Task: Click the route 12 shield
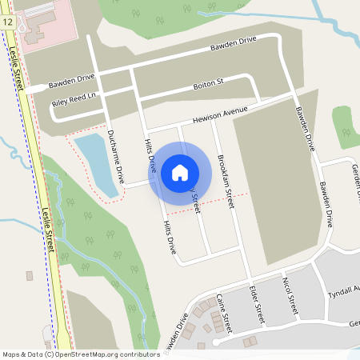click(6, 22)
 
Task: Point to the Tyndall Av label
click(345, 290)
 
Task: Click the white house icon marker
click(180, 171)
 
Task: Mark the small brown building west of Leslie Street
click(30, 276)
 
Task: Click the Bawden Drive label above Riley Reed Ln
click(71, 80)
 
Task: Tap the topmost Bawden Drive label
click(233, 46)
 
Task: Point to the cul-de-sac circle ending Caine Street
click(215, 342)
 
